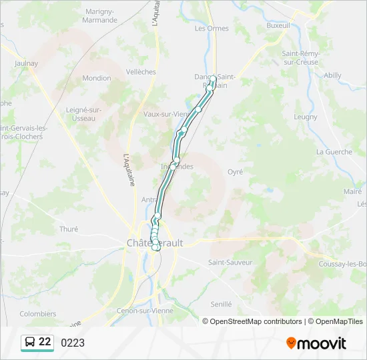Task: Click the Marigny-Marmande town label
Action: (x=101, y=15)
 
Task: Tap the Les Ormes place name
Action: (x=212, y=28)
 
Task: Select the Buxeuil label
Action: (x=278, y=25)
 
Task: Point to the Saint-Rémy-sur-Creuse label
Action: (x=301, y=57)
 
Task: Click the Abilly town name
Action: (x=332, y=75)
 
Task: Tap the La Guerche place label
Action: (x=334, y=151)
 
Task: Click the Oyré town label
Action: (x=235, y=171)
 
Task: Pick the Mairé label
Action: (x=352, y=191)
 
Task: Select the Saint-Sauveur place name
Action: (x=230, y=262)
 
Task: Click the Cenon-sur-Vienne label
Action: (x=143, y=311)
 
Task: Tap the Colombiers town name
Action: (x=38, y=313)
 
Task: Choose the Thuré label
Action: (x=69, y=229)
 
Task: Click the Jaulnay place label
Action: (x=27, y=63)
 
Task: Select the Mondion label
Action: (x=97, y=78)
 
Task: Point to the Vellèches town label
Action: (x=141, y=72)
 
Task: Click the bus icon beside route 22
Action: (x=30, y=343)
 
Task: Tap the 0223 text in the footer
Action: (x=73, y=343)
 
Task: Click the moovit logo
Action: (x=316, y=343)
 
